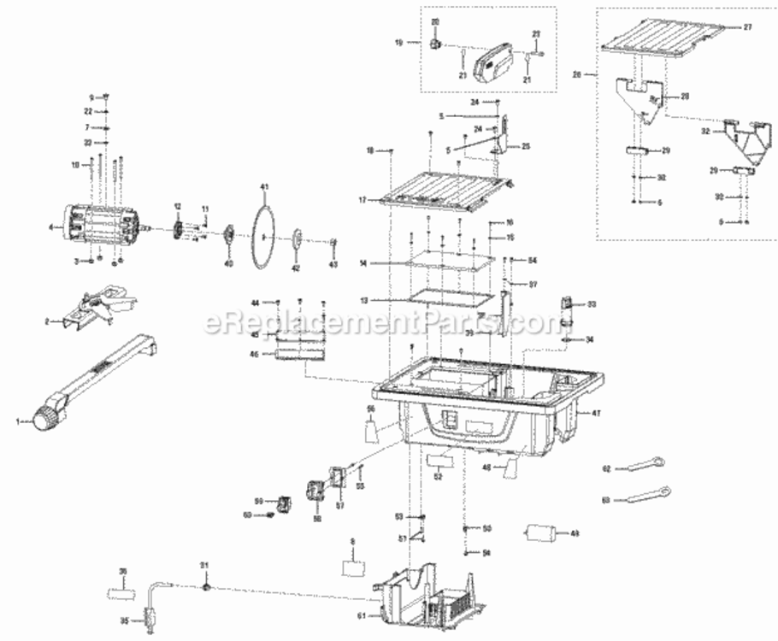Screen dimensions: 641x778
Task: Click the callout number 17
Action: point(362,200)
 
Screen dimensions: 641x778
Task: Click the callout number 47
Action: point(595,413)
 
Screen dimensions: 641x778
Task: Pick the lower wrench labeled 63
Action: point(643,495)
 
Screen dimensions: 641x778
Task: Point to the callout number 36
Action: point(123,572)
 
